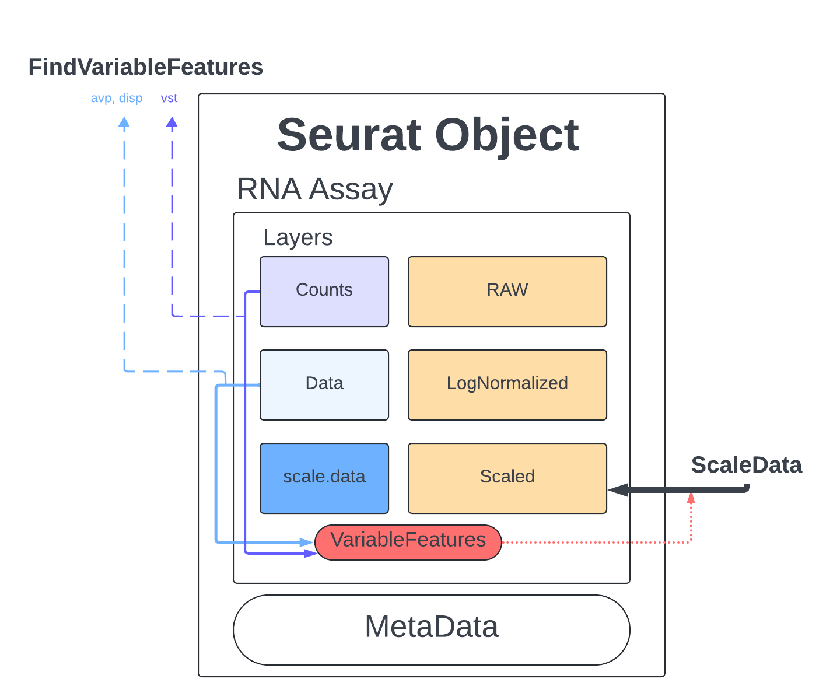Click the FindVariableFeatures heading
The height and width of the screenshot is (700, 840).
coord(145,67)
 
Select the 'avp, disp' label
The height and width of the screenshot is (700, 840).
coord(117,98)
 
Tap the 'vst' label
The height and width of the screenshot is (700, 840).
coord(169,98)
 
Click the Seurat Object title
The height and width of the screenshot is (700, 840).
coord(428,135)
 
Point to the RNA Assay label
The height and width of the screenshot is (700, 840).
coord(314,189)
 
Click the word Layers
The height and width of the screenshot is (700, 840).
coord(297,237)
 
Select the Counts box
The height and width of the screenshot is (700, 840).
coord(324,291)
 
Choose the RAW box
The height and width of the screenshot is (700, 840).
coord(507,291)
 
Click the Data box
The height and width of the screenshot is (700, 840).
coord(324,384)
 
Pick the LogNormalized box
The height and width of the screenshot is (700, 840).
coord(507,384)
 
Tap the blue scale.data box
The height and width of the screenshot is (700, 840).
coord(324,478)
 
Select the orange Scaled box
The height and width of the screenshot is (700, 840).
coord(507,478)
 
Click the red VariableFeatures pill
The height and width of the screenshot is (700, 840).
coord(408,542)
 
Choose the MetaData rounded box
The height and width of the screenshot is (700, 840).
coord(431,629)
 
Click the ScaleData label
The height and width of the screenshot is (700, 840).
coord(746,465)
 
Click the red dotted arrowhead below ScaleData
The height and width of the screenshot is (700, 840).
coord(691,499)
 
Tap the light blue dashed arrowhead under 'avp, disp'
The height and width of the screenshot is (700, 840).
coord(124,122)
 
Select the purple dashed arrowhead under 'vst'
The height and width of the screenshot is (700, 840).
coord(171,122)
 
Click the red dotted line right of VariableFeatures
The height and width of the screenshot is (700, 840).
coord(595,542)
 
